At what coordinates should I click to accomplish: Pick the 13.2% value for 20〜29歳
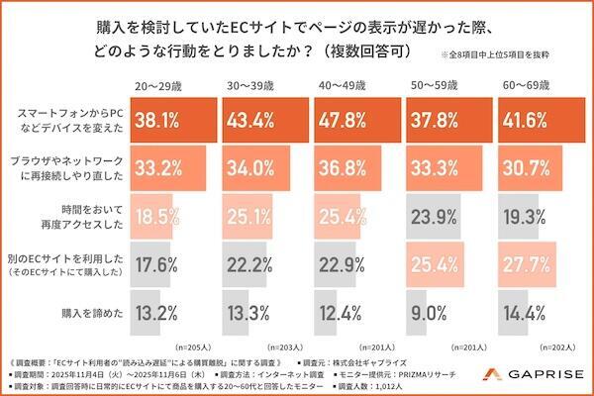157,316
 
